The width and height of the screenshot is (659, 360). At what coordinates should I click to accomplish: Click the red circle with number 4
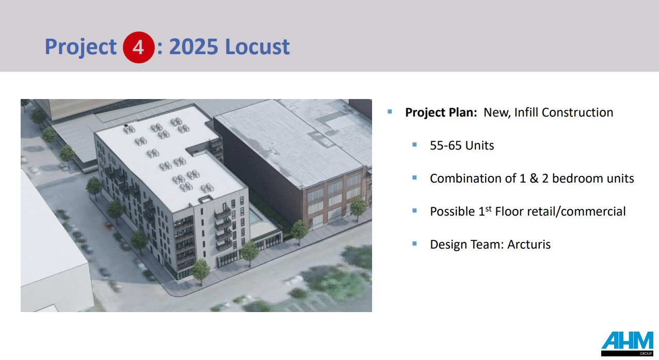pyautogui.click(x=138, y=47)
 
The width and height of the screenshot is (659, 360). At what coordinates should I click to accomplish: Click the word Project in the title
pyautogui.click(x=81, y=47)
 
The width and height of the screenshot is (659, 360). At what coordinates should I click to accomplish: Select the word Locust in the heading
pyautogui.click(x=257, y=47)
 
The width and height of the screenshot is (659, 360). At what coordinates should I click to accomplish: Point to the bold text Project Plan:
pyautogui.click(x=441, y=112)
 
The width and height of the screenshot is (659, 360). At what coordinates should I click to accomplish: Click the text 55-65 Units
pyautogui.click(x=462, y=145)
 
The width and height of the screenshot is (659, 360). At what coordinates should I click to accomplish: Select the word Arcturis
pyautogui.click(x=528, y=244)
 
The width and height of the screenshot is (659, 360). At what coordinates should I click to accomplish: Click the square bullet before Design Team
pyautogui.click(x=414, y=243)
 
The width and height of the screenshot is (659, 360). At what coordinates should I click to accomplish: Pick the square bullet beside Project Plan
pyautogui.click(x=390, y=111)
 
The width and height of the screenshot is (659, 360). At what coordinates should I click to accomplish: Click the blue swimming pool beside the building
pyautogui.click(x=255, y=217)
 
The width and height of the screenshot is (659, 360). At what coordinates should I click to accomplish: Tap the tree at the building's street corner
pyautogui.click(x=200, y=269)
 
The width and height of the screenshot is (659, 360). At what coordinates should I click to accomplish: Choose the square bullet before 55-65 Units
pyautogui.click(x=414, y=144)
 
